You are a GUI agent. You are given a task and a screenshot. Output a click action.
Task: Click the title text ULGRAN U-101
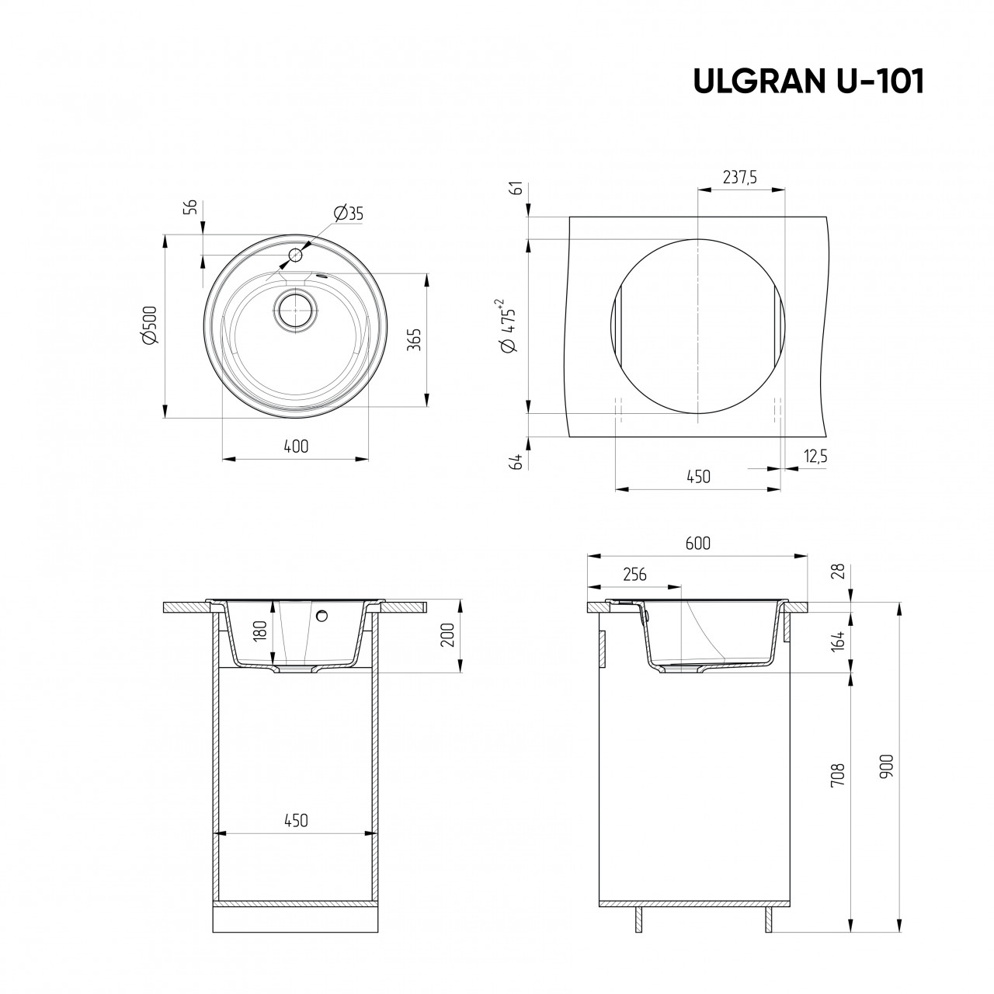coord(808,82)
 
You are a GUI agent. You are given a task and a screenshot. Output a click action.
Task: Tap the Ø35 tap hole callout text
coord(348,214)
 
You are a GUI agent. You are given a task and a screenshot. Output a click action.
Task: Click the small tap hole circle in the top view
coord(295,255)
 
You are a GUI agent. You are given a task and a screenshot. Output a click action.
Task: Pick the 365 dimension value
coord(415,339)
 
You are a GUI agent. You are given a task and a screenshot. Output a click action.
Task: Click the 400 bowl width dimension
coord(296,447)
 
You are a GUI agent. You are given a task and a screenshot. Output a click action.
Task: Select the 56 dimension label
coord(189,207)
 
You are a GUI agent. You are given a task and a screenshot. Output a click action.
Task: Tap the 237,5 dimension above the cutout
coord(739,177)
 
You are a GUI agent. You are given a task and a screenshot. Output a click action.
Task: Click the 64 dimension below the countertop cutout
coord(516,462)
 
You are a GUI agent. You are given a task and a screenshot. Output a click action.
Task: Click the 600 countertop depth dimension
coord(697,544)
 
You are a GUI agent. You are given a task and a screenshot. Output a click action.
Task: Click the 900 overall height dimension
coord(887,767)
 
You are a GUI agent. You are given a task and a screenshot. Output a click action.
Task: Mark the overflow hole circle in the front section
coord(322,616)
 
